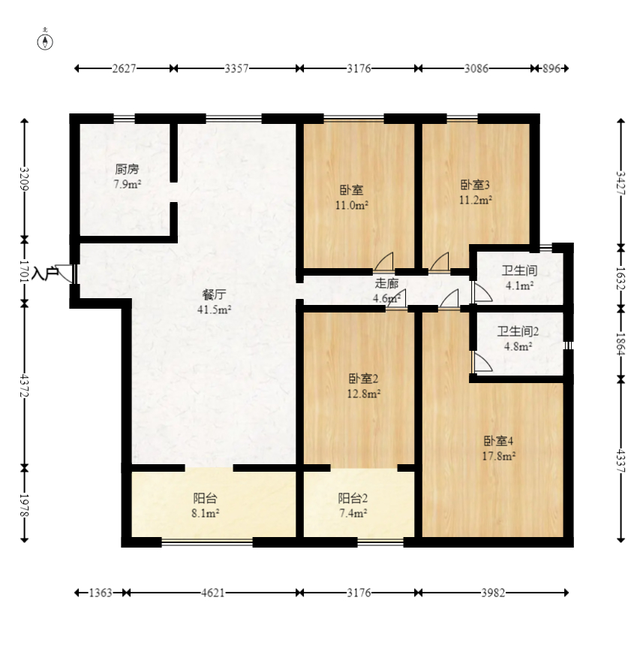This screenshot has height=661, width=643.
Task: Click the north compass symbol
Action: pyautogui.click(x=45, y=42)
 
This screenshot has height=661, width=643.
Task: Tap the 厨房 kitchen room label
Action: pyautogui.click(x=127, y=170)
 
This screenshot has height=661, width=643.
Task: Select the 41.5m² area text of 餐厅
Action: pyautogui.click(x=215, y=309)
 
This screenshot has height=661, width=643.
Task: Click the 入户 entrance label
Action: pyautogui.click(x=44, y=273)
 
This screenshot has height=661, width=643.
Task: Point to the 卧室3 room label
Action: pyautogui.click(x=475, y=185)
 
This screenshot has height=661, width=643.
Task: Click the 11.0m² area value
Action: pyautogui.click(x=352, y=206)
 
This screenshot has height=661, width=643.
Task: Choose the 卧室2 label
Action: pyautogui.click(x=363, y=379)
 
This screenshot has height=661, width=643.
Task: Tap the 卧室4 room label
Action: pyautogui.click(x=498, y=442)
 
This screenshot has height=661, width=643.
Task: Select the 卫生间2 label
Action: pyautogui.click(x=518, y=332)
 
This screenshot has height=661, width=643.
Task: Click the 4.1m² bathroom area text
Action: pyautogui.click(x=520, y=286)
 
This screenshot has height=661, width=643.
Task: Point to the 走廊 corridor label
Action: pyautogui.click(x=386, y=283)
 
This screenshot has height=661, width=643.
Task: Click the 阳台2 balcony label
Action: pyautogui.click(x=353, y=499)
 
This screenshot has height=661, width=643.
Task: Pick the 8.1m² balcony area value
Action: pyautogui.click(x=205, y=514)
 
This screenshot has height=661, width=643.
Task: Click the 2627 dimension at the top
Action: pyautogui.click(x=125, y=68)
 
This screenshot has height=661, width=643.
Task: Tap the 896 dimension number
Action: pyautogui.click(x=551, y=68)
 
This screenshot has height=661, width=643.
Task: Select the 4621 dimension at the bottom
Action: pyautogui.click(x=212, y=593)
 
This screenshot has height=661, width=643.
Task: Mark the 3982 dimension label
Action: pyautogui.click(x=493, y=593)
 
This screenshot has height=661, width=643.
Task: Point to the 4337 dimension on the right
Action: pyautogui.click(x=620, y=460)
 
